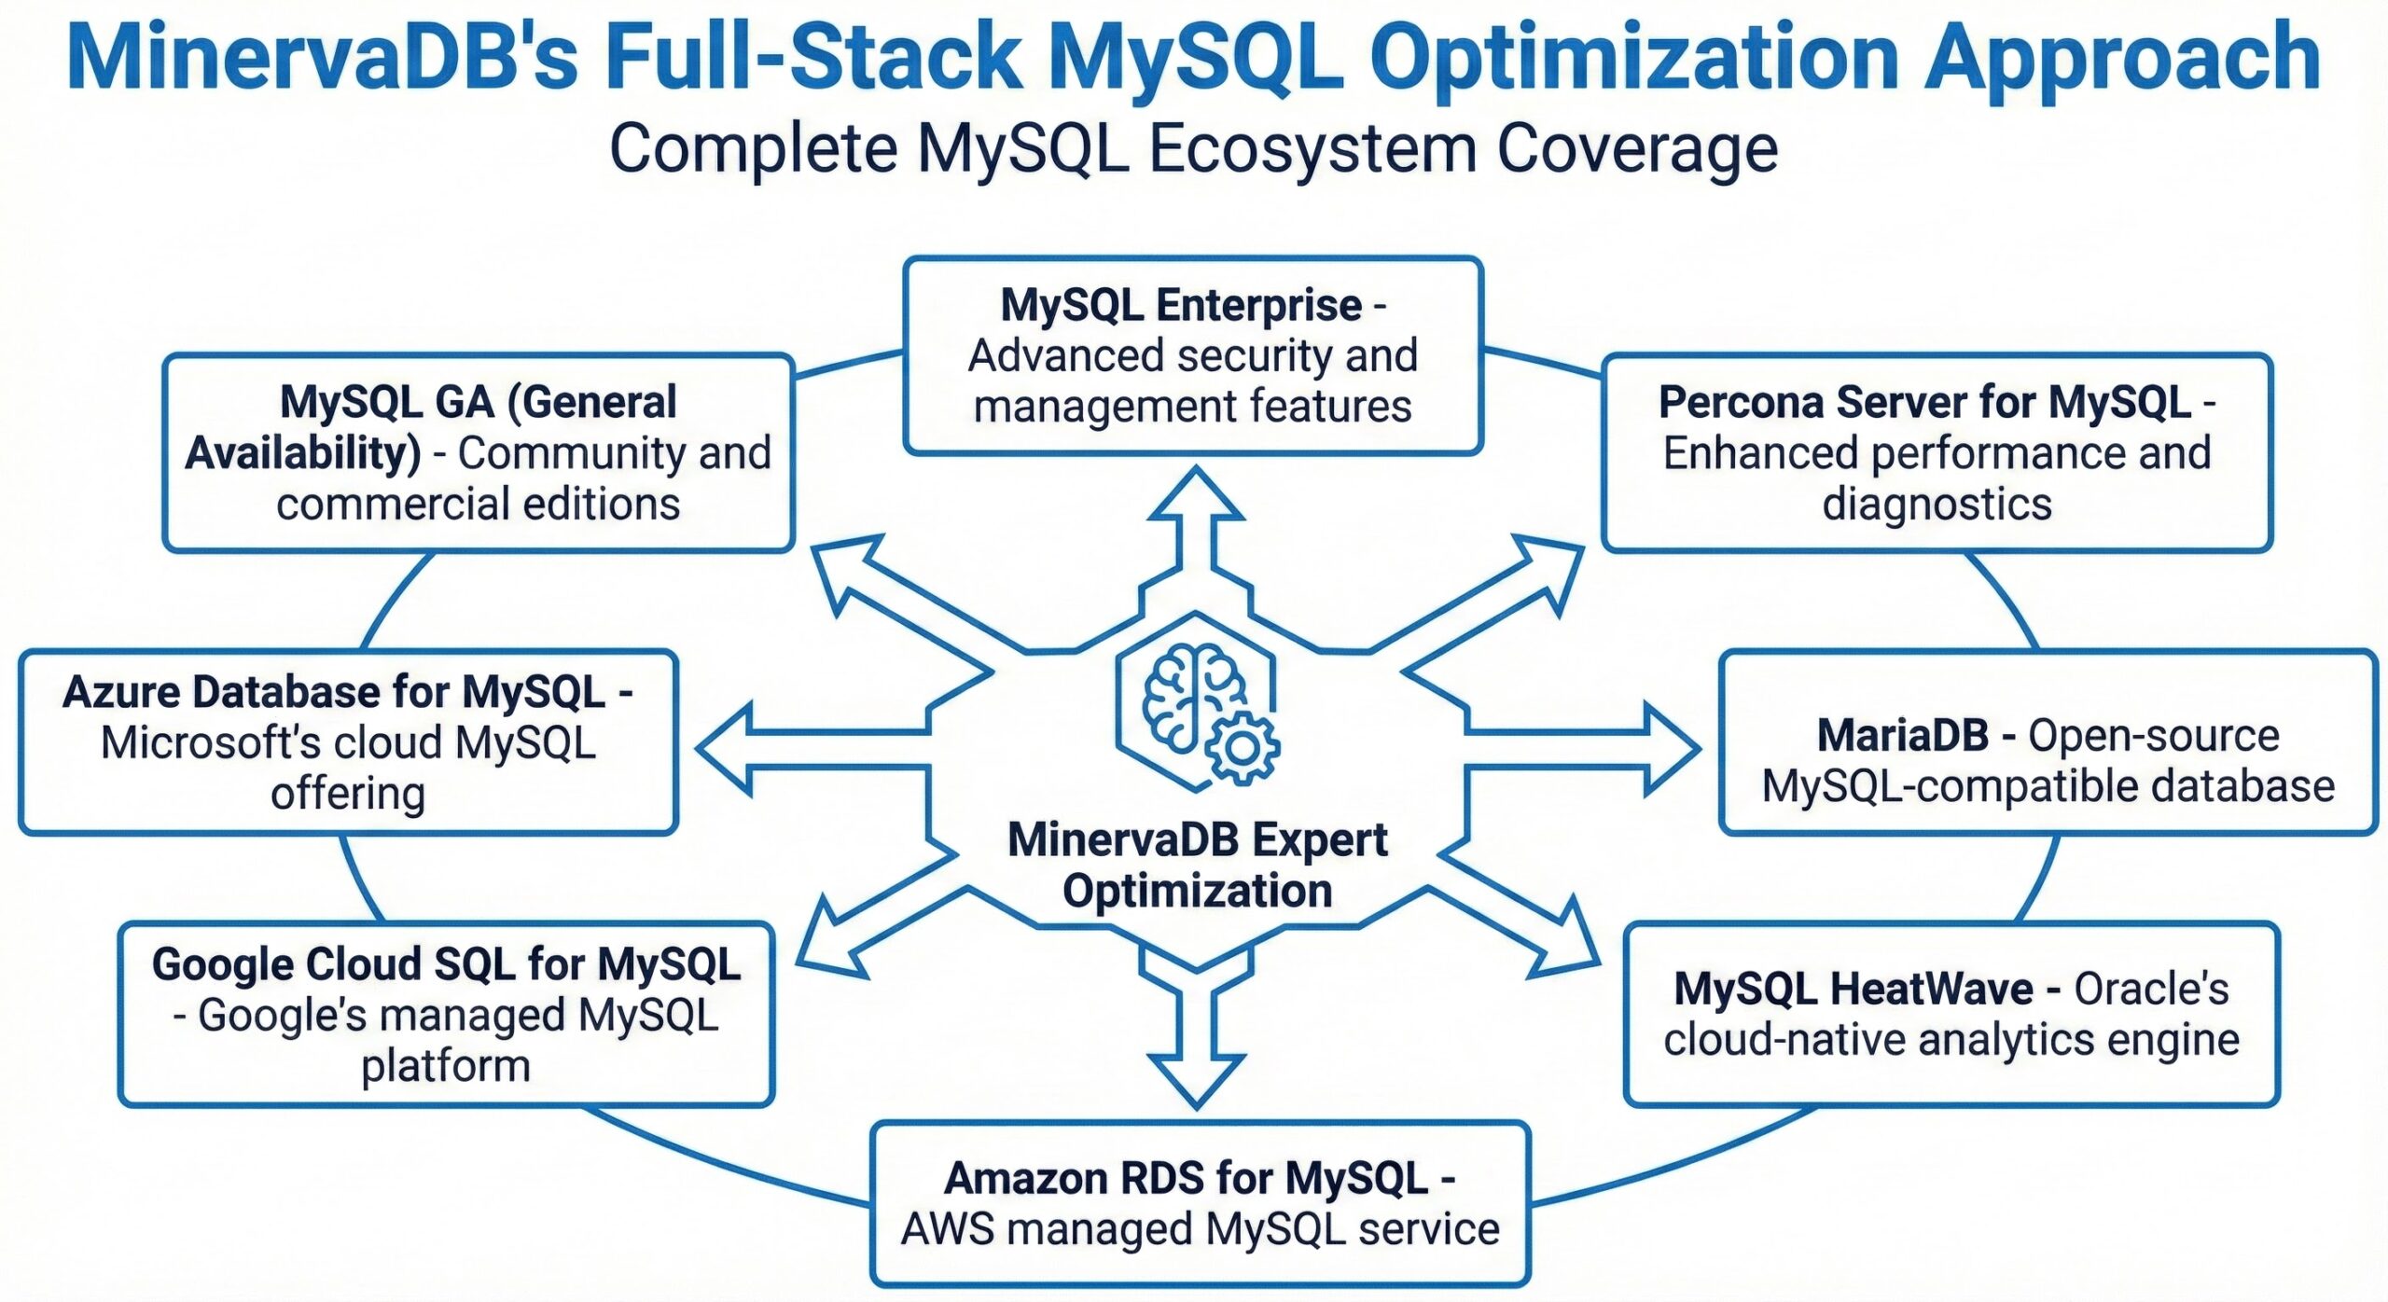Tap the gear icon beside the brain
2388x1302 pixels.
(1242, 746)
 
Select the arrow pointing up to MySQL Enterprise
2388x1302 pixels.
(1197, 522)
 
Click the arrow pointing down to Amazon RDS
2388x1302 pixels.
(1197, 1054)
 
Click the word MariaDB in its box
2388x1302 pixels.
(1902, 736)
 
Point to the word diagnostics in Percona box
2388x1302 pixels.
(1937, 504)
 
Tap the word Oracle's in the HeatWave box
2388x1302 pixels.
(2150, 989)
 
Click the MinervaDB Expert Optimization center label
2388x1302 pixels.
(1197, 866)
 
